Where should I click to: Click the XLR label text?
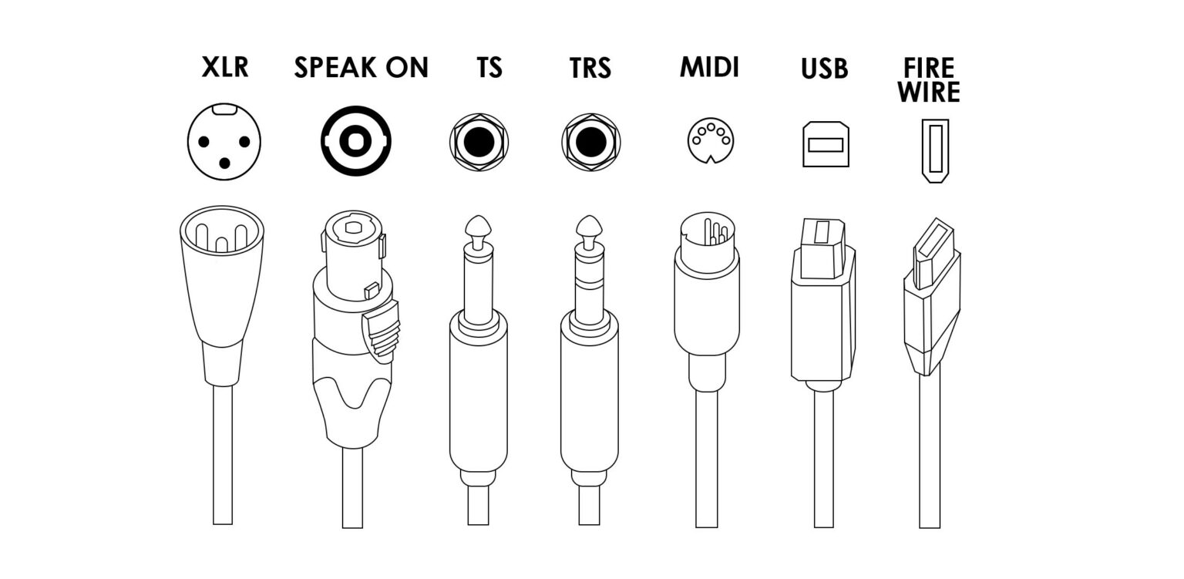225,67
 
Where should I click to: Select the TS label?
489,68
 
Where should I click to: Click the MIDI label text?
709,67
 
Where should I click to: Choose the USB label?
824,69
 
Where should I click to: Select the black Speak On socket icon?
355,142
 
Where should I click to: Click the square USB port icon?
825,143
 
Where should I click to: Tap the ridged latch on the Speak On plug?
383,330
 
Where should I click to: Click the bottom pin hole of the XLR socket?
225,162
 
